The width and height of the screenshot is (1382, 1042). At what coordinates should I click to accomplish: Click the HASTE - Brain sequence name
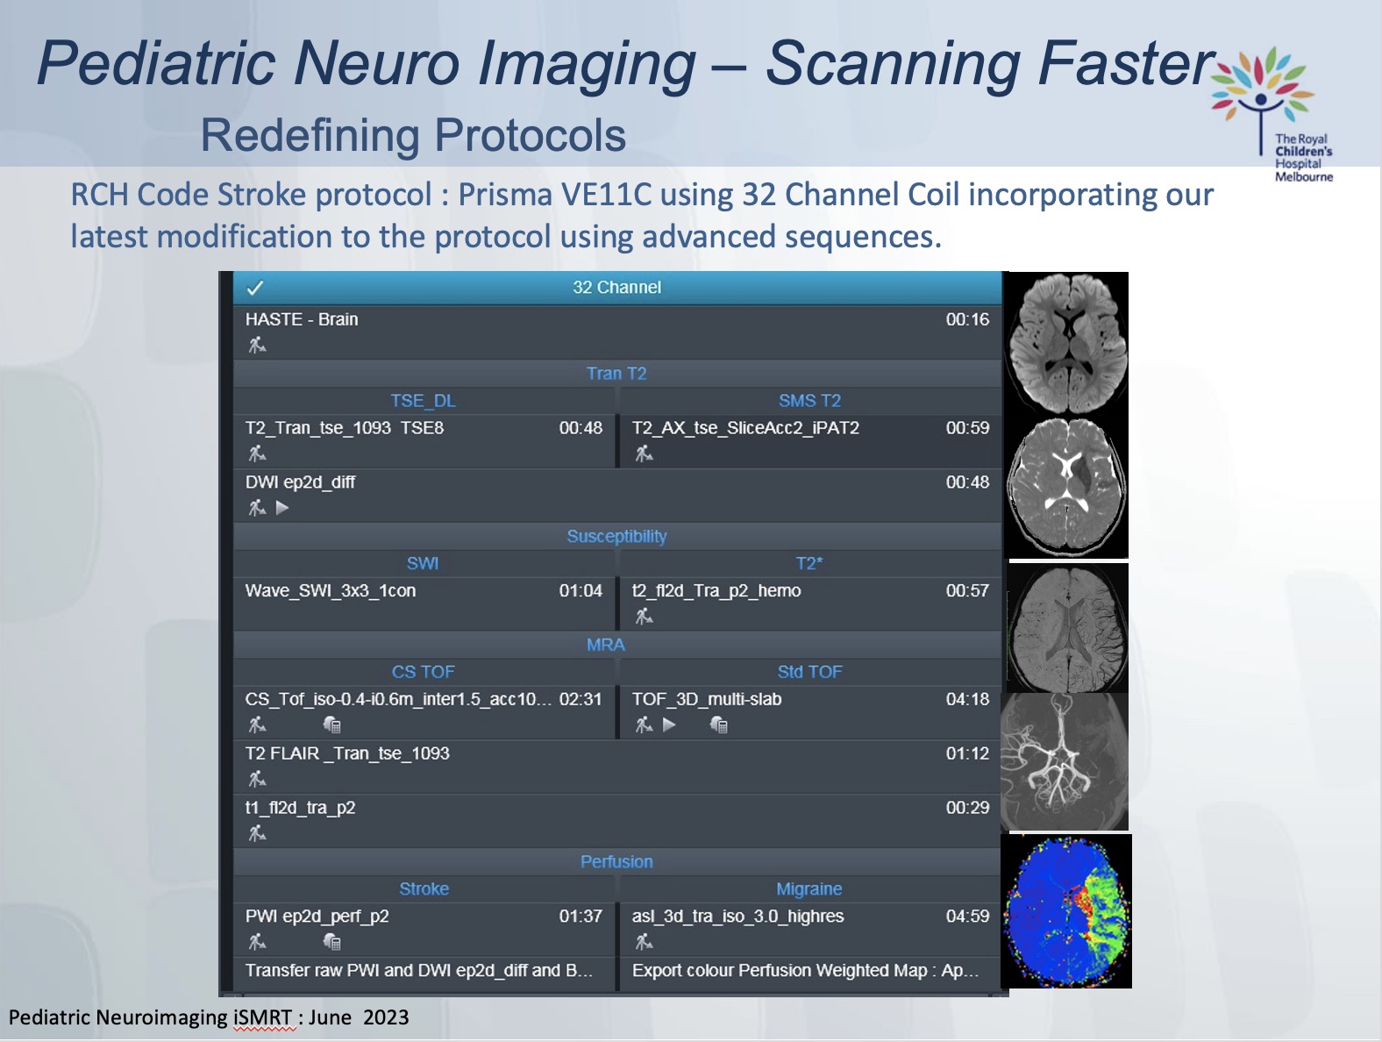pyautogui.click(x=302, y=319)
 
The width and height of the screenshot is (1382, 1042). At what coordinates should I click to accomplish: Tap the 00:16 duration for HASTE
pyautogui.click(x=967, y=319)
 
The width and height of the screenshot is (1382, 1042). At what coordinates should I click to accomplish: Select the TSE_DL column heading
pyautogui.click(x=423, y=401)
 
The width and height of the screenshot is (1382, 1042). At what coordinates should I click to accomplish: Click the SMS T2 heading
pyautogui.click(x=809, y=401)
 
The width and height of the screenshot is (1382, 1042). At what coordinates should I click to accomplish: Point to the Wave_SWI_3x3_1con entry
pyautogui.click(x=331, y=590)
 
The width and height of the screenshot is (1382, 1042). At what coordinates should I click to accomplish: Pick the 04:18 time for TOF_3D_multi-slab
pyautogui.click(x=967, y=699)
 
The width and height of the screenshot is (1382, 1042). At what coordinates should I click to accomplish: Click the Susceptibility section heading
pyautogui.click(x=616, y=536)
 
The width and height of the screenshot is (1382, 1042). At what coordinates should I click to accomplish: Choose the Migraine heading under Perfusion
pyautogui.click(x=809, y=889)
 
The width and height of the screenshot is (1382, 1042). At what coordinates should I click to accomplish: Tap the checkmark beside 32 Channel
pyautogui.click(x=255, y=288)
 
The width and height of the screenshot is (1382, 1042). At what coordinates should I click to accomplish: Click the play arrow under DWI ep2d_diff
pyautogui.click(x=282, y=508)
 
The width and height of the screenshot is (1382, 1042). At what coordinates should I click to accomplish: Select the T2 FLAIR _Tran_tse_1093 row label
pyautogui.click(x=347, y=753)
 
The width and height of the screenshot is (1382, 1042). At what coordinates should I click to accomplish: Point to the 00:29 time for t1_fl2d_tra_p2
pyautogui.click(x=967, y=807)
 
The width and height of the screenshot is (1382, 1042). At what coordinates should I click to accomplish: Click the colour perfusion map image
pyautogui.click(x=1066, y=911)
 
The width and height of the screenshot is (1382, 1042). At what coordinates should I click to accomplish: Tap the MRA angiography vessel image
pyautogui.click(x=1064, y=762)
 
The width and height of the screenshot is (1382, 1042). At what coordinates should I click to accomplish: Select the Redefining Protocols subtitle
pyautogui.click(x=413, y=135)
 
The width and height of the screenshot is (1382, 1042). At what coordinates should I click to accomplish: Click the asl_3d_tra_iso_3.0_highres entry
pyautogui.click(x=737, y=916)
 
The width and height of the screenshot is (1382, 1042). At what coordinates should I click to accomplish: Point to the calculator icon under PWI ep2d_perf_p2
pyautogui.click(x=331, y=942)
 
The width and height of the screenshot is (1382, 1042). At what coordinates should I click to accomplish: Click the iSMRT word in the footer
pyautogui.click(x=263, y=1017)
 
